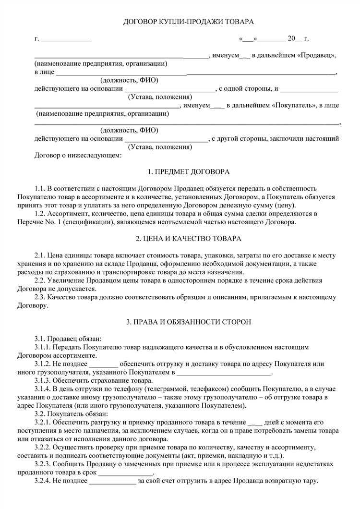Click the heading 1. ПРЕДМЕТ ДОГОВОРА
pyautogui.click(x=182, y=171)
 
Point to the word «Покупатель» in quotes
pyautogui.click(x=293, y=105)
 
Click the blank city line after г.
pyautogui.click(x=66, y=39)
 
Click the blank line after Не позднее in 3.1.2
pyautogui.click(x=104, y=364)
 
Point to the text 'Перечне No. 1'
pyautogui.click(x=55, y=222)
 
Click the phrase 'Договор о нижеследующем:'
pyautogui.click(x=79, y=155)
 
